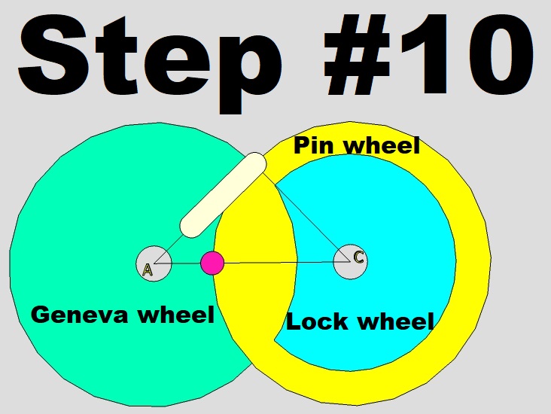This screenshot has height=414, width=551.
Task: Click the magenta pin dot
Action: click(x=213, y=263)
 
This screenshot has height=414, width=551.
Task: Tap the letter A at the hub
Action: click(x=148, y=270)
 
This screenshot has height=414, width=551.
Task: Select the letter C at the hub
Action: click(x=359, y=257)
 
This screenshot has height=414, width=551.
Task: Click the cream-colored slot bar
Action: click(x=223, y=194)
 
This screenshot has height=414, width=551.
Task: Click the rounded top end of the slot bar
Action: click(x=255, y=163)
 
